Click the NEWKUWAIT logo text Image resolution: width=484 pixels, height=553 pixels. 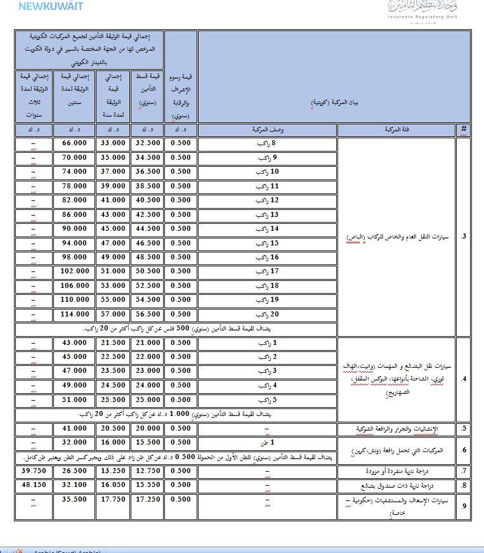point(50,6)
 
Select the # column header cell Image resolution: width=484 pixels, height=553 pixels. point(464,129)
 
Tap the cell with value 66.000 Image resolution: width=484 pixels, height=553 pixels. point(74,143)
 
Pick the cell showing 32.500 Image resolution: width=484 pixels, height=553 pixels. point(148,143)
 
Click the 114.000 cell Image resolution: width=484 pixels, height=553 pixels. point(74,315)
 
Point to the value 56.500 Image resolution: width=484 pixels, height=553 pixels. point(148,315)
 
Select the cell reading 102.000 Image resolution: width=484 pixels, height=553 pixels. point(74,271)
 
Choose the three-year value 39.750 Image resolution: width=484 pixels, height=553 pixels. point(32,471)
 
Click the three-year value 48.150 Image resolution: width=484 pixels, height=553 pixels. point(32,485)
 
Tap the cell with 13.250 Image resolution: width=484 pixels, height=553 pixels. point(113,471)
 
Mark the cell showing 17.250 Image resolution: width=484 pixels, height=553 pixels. point(148,500)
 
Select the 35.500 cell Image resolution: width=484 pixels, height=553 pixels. point(74,500)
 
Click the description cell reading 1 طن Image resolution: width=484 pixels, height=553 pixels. point(266,443)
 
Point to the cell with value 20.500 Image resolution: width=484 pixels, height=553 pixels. point(113,429)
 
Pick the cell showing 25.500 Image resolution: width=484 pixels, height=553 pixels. point(113,400)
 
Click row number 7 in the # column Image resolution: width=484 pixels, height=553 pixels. point(464,471)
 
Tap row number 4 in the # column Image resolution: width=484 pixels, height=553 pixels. point(464,379)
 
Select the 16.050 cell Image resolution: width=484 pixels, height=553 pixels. point(113,485)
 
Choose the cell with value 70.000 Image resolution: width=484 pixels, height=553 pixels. point(74,157)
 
